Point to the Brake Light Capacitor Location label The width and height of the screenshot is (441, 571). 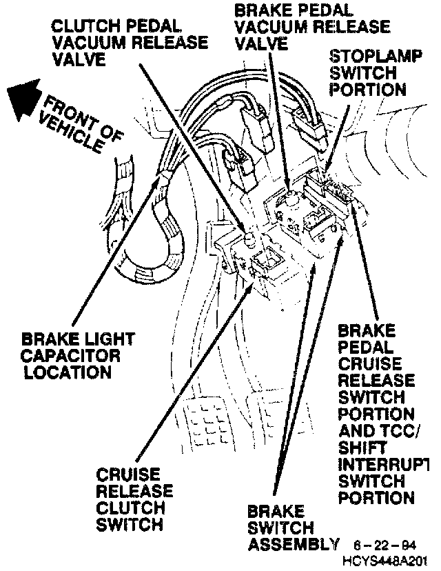(77, 356)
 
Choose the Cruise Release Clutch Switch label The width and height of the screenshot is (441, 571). (134, 499)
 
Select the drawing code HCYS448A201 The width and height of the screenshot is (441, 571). (389, 559)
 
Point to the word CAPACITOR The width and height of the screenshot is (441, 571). (70, 356)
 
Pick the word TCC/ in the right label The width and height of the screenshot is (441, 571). (399, 431)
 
